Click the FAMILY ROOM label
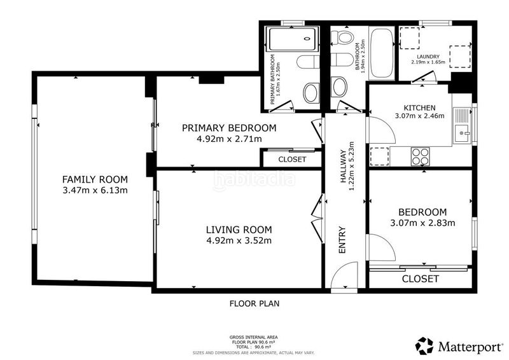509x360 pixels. coord(95,179)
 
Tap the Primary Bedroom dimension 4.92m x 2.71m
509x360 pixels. coord(229,139)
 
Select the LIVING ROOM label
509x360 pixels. coord(239,230)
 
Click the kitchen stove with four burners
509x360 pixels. coord(420,156)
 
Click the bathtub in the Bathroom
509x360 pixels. coord(381,53)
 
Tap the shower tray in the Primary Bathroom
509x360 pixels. coord(291,39)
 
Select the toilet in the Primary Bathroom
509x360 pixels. coord(309,62)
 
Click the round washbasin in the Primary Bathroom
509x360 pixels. coord(311,93)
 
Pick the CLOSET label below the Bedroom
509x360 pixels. coord(421,279)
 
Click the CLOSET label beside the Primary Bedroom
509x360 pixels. coord(292,160)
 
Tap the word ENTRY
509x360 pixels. coord(342,240)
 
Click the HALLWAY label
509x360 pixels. coord(343,166)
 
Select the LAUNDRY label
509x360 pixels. coord(428,57)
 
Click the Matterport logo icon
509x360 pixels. coord(424,346)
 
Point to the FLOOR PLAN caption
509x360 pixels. coord(254,304)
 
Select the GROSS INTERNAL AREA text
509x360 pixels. coord(253,338)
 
